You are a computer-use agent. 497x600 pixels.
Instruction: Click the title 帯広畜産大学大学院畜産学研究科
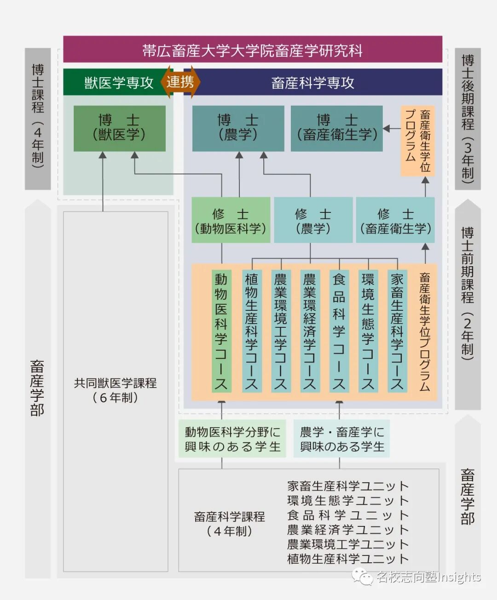pos(252,50)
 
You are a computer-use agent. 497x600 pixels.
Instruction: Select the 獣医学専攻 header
pos(118,83)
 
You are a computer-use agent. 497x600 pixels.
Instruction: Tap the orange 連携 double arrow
pos(180,82)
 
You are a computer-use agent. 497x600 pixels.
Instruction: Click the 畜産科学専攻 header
pos(313,83)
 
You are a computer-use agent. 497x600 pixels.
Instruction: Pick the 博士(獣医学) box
pos(119,128)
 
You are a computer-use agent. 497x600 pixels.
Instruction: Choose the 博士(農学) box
pos(238,128)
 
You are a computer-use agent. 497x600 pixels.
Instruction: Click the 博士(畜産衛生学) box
pos(336,128)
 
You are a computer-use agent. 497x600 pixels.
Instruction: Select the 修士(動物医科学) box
pos(230,221)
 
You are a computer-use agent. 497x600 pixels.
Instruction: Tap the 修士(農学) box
pos(313,221)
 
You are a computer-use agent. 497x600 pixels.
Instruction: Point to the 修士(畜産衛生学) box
pos(395,221)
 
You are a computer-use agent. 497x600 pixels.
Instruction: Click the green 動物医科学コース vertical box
pos(221,331)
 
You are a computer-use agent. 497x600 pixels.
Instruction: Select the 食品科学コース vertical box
pos(339,331)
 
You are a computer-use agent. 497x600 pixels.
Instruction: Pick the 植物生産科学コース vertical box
pos(251,331)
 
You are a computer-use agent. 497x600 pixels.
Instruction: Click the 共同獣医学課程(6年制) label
pos(116,390)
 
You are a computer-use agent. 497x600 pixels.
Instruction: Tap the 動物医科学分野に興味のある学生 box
pos(232,439)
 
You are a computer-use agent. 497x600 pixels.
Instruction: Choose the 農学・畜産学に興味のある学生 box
pos(341,439)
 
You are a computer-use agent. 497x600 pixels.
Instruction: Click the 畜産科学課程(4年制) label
pos(229,523)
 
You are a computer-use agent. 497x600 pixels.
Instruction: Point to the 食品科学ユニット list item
pos(348,515)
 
